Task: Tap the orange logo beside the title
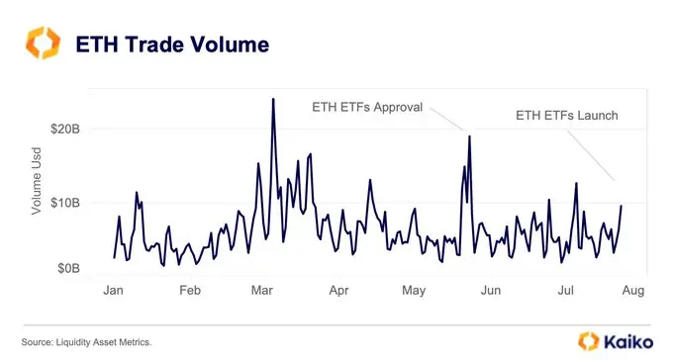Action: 44,45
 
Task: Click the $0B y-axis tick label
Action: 81,267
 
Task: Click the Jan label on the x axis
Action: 114,290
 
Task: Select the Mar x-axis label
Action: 262,290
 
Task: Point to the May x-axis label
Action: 414,290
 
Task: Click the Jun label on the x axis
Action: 490,290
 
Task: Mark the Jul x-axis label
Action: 565,290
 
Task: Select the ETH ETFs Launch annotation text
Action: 567,116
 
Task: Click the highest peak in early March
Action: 272,99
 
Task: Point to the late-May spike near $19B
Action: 469,135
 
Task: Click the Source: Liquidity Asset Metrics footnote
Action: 86,341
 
